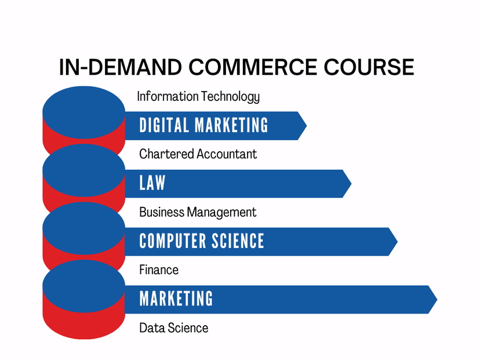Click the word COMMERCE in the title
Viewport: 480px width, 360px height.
253,67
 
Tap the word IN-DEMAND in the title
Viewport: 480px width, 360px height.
121,67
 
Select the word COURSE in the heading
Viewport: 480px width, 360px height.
369,67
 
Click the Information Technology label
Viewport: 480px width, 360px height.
198,97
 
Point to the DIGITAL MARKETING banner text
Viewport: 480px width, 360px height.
203,125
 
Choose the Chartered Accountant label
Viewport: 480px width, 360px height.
198,154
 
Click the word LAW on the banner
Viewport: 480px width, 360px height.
152,183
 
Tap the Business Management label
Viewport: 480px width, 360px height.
198,212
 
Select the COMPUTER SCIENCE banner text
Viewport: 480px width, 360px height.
201,241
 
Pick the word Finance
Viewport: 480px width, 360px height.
159,270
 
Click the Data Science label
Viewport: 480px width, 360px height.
173,328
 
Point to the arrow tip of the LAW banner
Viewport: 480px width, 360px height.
351,184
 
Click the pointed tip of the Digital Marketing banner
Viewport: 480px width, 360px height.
307,126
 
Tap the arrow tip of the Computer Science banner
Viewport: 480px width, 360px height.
397,242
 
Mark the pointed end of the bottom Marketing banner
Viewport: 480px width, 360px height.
437,299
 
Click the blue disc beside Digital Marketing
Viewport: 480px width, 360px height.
84,112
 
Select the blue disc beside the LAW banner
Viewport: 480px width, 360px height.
84,170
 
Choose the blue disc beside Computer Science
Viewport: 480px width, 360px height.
84,228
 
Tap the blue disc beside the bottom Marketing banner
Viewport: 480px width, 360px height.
84,286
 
